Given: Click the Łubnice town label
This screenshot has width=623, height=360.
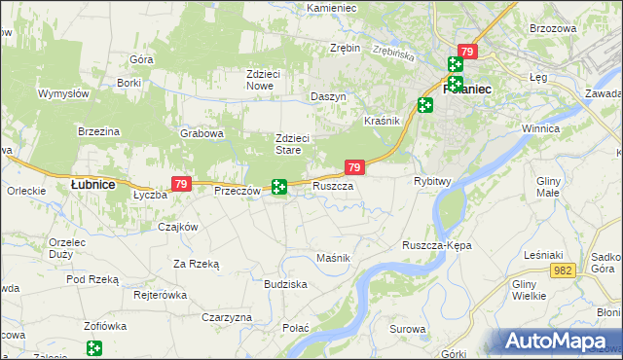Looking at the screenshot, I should click(93, 184).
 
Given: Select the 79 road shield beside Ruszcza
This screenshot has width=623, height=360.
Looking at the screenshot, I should click(354, 168).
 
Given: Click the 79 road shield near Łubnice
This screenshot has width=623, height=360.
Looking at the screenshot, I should click(180, 183).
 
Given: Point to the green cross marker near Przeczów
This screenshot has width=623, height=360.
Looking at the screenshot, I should click(279, 186).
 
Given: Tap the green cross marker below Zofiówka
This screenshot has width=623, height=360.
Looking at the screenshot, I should click(93, 347).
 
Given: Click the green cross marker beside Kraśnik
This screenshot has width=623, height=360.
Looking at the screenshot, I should click(425, 105).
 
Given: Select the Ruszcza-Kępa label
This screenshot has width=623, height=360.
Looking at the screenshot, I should click(436, 245).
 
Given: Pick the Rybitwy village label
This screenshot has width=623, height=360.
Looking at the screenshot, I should click(432, 181).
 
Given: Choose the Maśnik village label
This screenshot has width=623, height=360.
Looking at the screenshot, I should click(333, 257).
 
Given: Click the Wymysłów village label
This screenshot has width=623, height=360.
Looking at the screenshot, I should click(63, 93).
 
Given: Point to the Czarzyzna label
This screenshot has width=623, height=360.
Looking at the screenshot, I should click(227, 317).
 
